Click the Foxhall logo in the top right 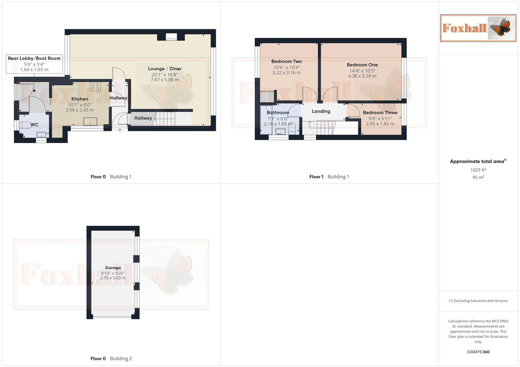click(x=478, y=28)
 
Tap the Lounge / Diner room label click(x=165, y=69)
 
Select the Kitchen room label click(x=80, y=99)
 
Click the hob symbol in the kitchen click(x=95, y=87)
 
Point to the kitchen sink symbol click(x=90, y=121)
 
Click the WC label click(x=34, y=125)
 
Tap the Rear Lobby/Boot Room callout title click(x=34, y=58)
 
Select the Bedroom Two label click(x=286, y=62)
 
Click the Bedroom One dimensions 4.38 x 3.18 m click(x=362, y=76)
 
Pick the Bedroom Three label click(x=380, y=112)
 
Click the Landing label click(x=321, y=111)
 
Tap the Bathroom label click(x=278, y=112)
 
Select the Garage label click(x=113, y=268)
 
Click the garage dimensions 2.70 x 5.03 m click(x=113, y=278)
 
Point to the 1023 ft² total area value click(x=478, y=170)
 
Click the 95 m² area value click(x=478, y=177)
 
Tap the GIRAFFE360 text click(x=478, y=352)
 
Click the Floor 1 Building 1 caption click(x=329, y=177)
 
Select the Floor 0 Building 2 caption click(x=111, y=359)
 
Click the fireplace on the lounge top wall click(x=171, y=37)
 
